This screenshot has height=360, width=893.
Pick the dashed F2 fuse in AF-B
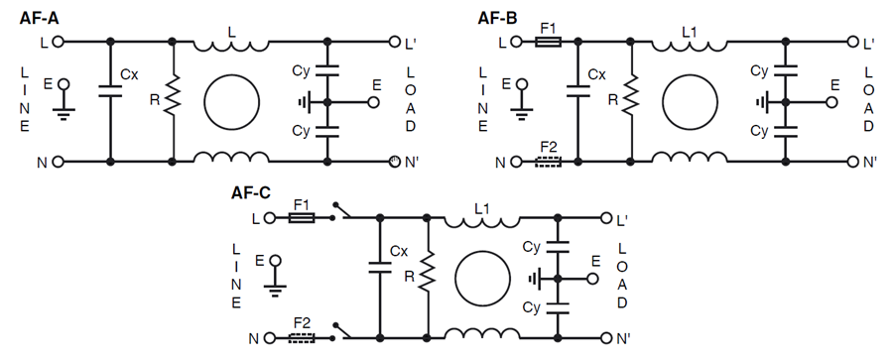pyautogui.click(x=547, y=161)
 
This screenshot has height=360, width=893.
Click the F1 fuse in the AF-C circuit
pyautogui.click(x=302, y=217)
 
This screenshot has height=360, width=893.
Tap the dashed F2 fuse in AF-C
pyautogui.click(x=302, y=337)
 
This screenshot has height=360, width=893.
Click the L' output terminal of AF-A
pyautogui.click(x=392, y=43)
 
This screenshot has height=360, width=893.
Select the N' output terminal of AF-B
pyautogui.click(x=849, y=161)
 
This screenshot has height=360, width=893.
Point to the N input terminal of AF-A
pyautogui.click(x=58, y=161)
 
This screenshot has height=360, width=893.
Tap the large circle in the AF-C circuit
pyautogui.click(x=484, y=278)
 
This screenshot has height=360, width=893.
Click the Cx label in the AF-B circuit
pyautogui.click(x=596, y=75)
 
